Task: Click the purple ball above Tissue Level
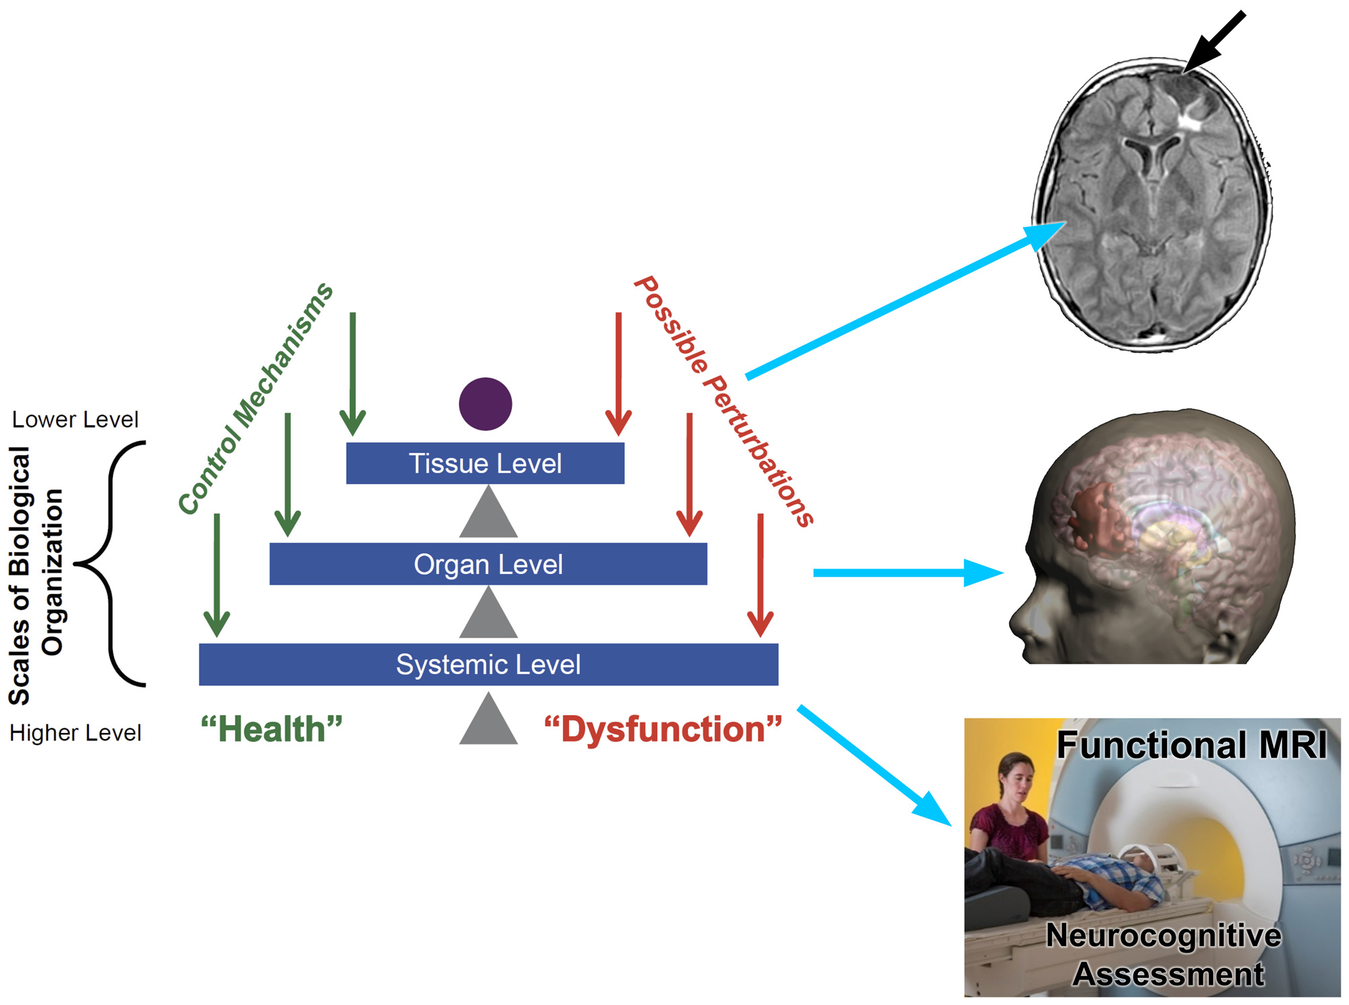point(485,403)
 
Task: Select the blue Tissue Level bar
point(485,463)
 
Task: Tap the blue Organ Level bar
point(488,564)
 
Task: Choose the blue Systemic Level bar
point(488,664)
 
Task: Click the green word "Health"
point(271,729)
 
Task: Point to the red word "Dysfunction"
point(663,729)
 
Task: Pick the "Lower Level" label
point(75,420)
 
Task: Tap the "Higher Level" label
point(75,732)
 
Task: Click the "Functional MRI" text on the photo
point(1191,745)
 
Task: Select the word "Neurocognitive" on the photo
point(1163,935)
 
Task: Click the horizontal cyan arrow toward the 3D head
point(907,573)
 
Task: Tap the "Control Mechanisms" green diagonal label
point(255,399)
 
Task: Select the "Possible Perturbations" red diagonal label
point(724,401)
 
